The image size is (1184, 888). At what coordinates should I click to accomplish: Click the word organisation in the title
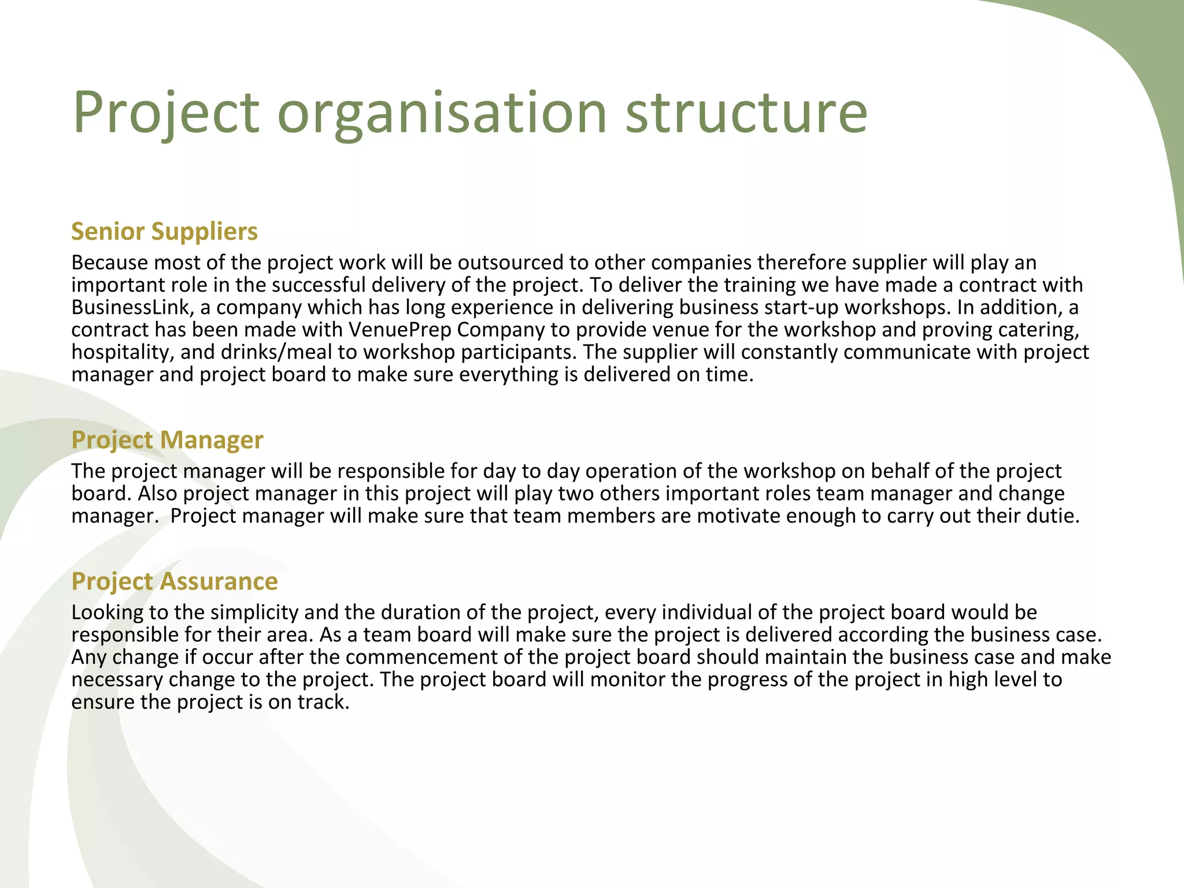[x=442, y=113]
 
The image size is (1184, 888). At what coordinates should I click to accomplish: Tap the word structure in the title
[x=746, y=113]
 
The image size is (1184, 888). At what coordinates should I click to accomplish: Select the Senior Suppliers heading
[x=164, y=231]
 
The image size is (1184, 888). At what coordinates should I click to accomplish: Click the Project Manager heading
[x=167, y=440]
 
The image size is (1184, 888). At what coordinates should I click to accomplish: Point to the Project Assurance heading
[x=174, y=581]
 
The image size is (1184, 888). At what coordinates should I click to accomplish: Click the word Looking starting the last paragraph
[x=107, y=612]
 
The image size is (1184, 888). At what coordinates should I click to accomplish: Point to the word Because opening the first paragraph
[x=109, y=262]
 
